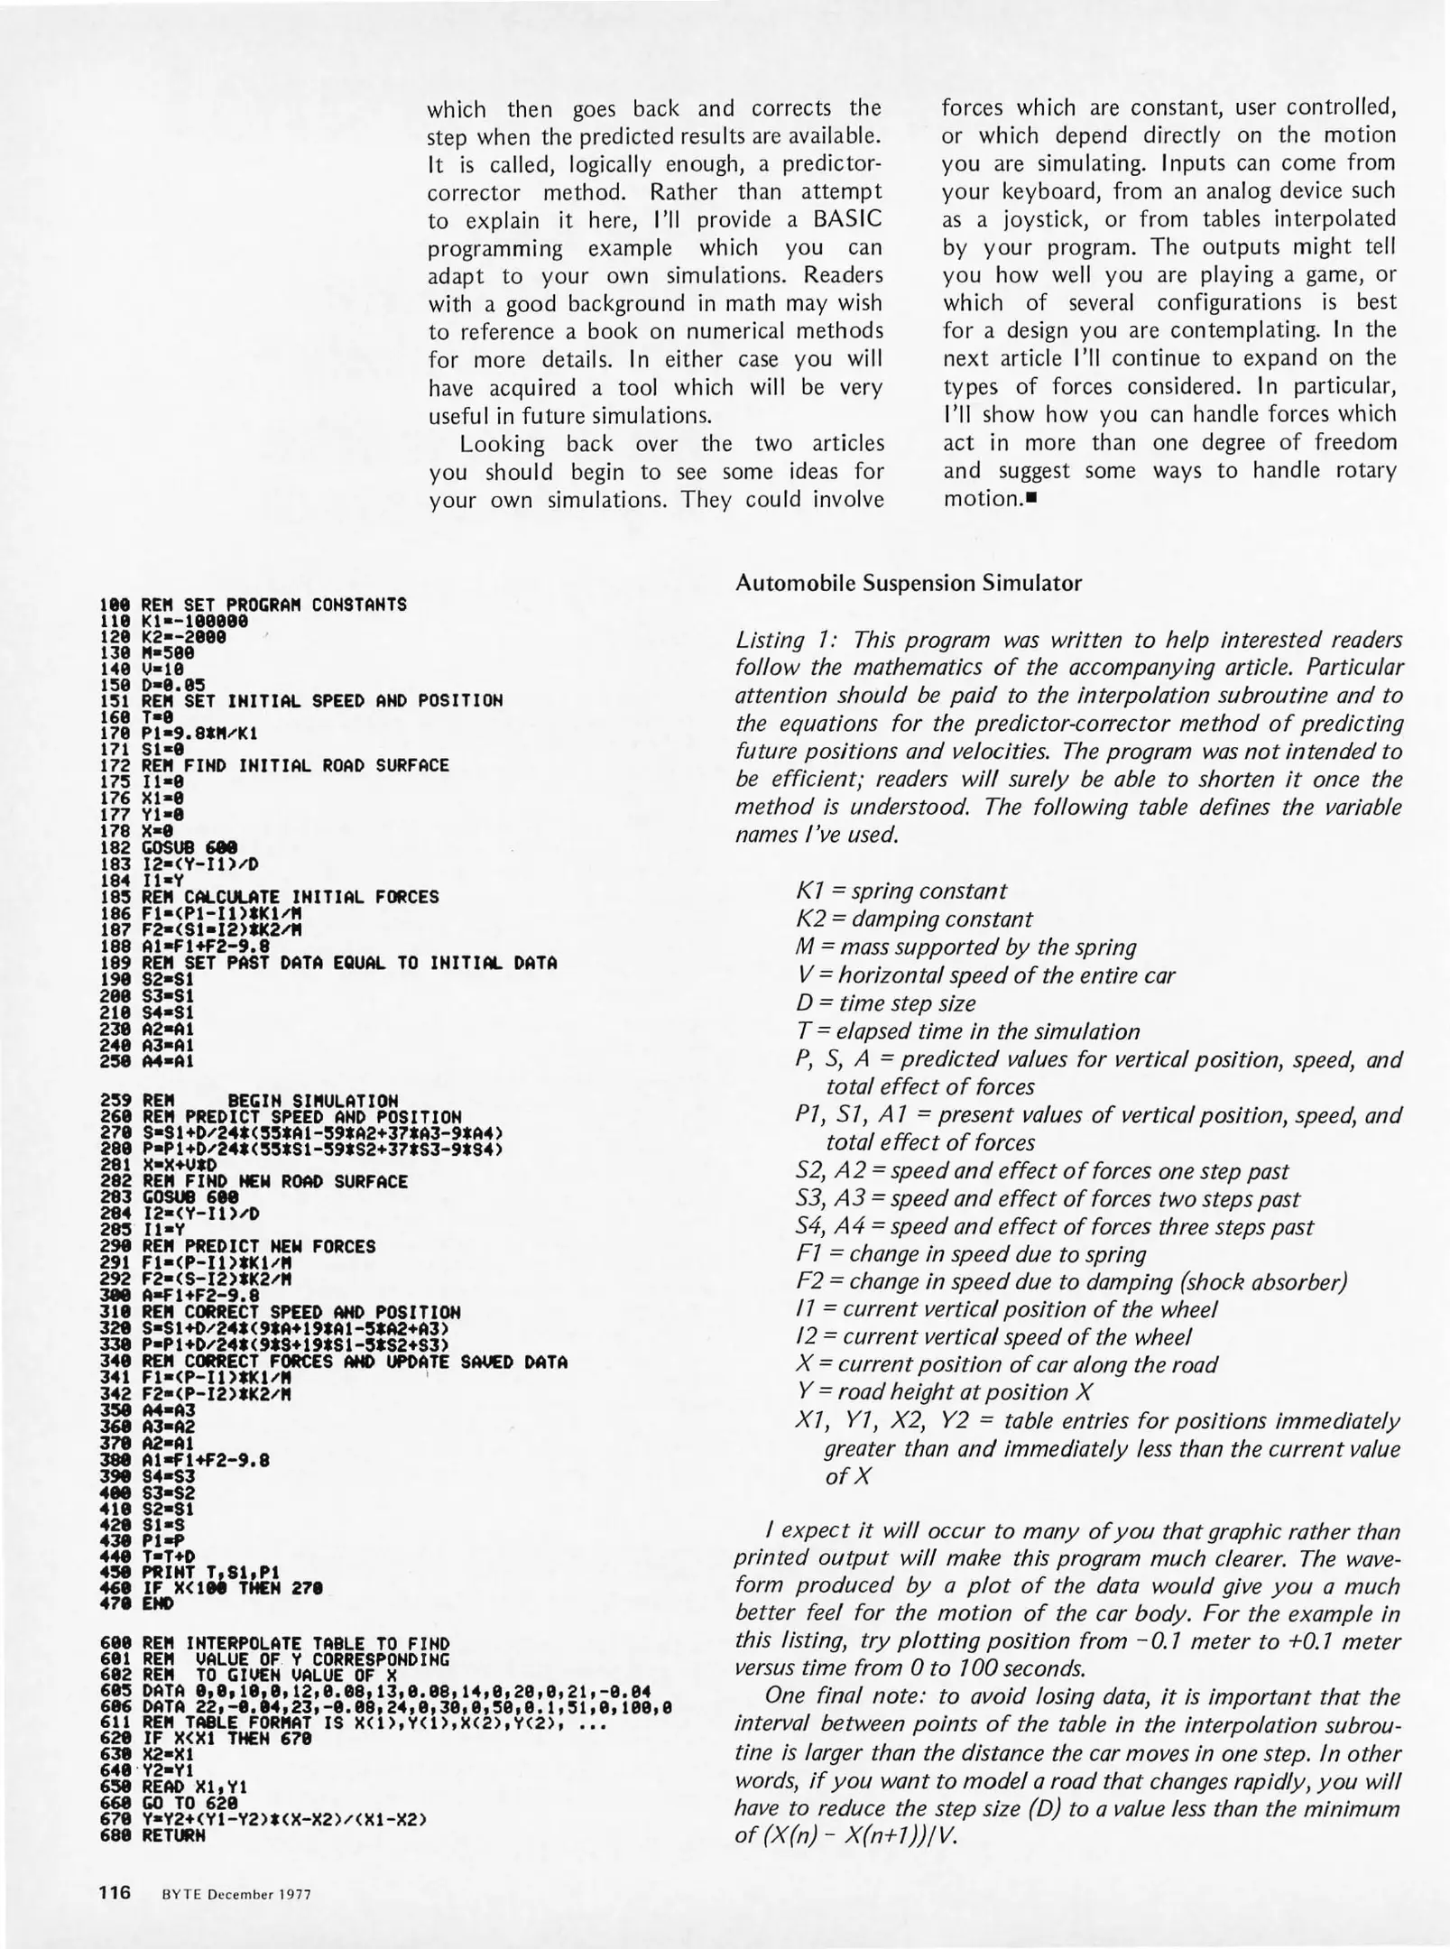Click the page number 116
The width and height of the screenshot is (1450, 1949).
coord(115,1893)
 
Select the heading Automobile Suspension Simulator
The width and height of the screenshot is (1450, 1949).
coord(908,583)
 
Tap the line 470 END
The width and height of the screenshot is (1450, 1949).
coord(135,1604)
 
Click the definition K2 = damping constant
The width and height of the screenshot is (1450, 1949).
coord(913,919)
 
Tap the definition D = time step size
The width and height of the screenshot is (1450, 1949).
coord(885,1003)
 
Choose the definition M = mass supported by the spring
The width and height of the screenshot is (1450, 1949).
coord(965,947)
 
